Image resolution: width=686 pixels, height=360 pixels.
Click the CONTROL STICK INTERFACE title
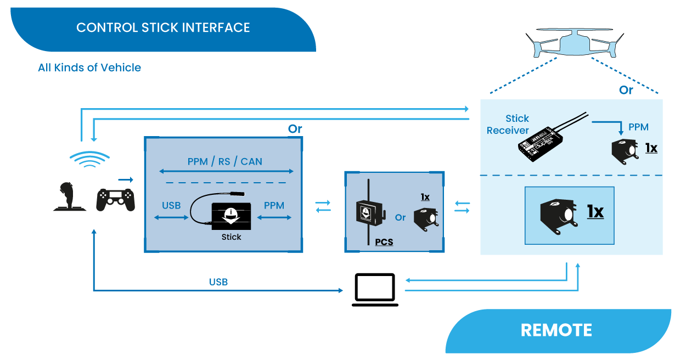coord(163,27)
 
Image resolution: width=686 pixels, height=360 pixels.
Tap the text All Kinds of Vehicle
coord(89,67)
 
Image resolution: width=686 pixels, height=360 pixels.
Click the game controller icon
coord(115,200)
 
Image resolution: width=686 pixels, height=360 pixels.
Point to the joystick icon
coord(69,197)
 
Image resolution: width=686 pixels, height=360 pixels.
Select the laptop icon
coord(375,290)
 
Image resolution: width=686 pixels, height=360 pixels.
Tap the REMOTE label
coord(556,330)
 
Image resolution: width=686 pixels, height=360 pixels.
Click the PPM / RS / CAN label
coord(225,161)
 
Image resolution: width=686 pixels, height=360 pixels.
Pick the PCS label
coord(384,242)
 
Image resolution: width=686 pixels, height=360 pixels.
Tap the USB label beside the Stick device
coord(171,205)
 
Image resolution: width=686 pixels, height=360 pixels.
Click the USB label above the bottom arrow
coord(218,282)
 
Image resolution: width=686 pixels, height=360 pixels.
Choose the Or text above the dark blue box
coord(295,129)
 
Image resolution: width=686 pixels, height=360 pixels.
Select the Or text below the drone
coord(626,90)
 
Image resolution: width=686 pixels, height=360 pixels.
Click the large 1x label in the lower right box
coord(595,212)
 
